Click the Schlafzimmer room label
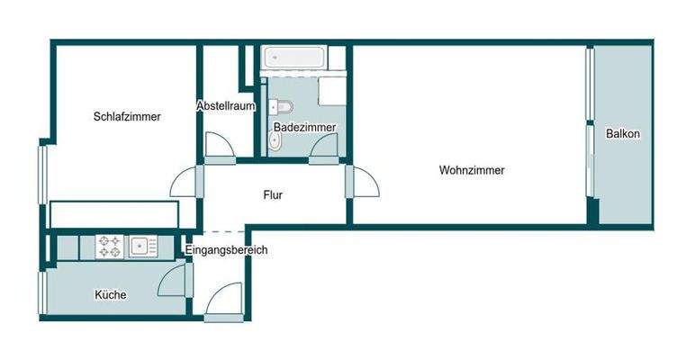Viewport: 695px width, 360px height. click(x=127, y=117)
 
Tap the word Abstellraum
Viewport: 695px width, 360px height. click(x=226, y=106)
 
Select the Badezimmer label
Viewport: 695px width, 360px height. click(x=304, y=127)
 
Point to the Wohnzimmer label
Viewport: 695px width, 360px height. click(x=472, y=170)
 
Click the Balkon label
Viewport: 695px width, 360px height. click(x=623, y=134)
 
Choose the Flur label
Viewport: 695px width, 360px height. click(x=273, y=195)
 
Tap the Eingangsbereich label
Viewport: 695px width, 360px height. click(x=226, y=250)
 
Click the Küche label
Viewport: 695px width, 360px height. click(x=111, y=295)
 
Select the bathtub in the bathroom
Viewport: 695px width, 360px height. click(x=293, y=58)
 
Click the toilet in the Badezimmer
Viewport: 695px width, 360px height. click(x=281, y=107)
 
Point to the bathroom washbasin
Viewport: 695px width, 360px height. click(x=275, y=142)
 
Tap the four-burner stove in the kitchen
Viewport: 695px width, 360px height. click(x=110, y=247)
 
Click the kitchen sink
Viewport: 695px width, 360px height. click(x=143, y=247)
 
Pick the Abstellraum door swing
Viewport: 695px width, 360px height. click(x=220, y=145)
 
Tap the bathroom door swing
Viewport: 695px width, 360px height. click(x=324, y=145)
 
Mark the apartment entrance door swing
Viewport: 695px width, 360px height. click(x=224, y=299)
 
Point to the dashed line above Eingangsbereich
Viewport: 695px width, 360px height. click(x=224, y=232)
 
